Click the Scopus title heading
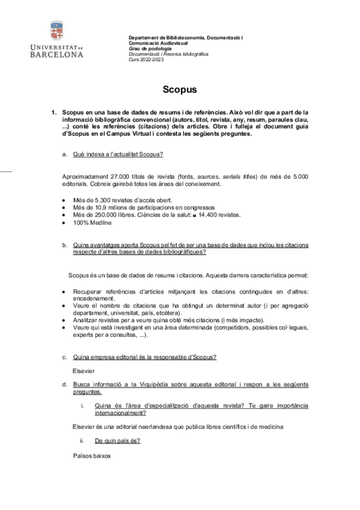pos(180,90)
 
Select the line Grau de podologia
pos(148,49)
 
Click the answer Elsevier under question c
pos(84,370)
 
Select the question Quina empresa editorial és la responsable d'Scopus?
pos(144,357)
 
